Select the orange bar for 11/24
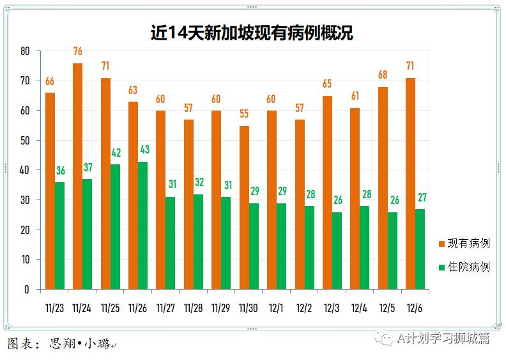(77, 176)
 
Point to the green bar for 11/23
(59, 235)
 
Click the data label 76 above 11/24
(77, 51)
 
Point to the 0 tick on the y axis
(27, 289)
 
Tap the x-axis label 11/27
(165, 308)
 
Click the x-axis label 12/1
(277, 308)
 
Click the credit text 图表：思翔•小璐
(61, 344)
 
